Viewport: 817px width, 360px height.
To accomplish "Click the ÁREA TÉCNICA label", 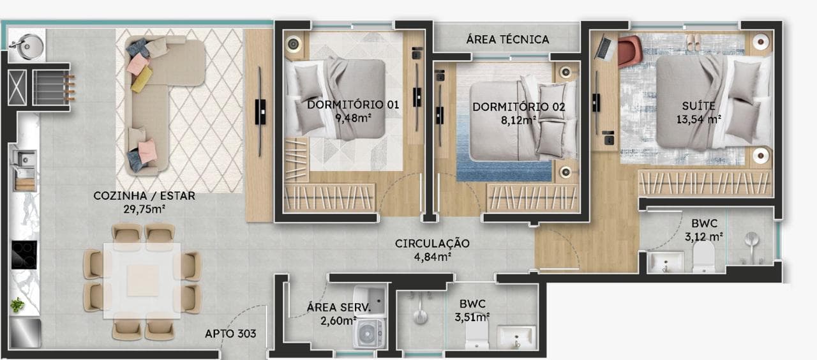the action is [507, 39].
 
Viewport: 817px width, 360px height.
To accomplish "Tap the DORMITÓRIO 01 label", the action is [353, 105].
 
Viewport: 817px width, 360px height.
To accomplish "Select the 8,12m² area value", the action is [518, 120].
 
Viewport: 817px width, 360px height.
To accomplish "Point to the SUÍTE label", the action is [698, 106].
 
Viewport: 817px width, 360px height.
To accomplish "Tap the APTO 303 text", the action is [230, 333].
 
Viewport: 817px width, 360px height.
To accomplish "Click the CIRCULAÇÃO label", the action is [432, 243].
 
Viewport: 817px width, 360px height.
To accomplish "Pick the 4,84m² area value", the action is [433, 257].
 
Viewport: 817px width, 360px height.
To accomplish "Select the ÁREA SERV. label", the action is [338, 308].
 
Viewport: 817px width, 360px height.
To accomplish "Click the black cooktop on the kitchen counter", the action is [24, 255].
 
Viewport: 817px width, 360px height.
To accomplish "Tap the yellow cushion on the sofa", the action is [142, 79].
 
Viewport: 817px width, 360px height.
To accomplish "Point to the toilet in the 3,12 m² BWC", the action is [703, 257].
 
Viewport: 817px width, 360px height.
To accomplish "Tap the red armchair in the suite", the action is [630, 50].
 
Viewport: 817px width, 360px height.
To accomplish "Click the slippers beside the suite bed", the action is [693, 42].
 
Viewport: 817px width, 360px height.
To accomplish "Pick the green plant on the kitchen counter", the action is [17, 304].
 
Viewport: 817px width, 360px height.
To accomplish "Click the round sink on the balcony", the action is [26, 47].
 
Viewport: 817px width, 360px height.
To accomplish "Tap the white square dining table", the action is [142, 280].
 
